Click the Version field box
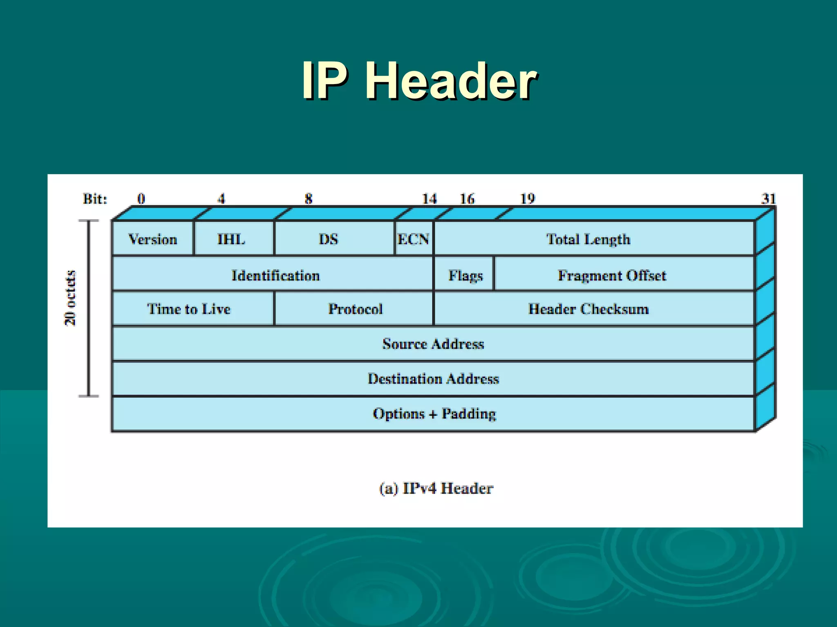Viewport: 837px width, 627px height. click(x=153, y=239)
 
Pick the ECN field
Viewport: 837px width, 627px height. click(x=414, y=239)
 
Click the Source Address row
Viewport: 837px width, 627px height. click(x=433, y=344)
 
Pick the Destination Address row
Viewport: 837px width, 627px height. click(x=433, y=379)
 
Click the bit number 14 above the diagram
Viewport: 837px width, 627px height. click(x=429, y=199)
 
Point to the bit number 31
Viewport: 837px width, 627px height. click(x=768, y=199)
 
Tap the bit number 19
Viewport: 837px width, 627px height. click(x=527, y=199)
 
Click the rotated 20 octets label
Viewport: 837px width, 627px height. click(x=70, y=298)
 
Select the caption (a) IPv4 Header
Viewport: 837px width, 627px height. click(x=436, y=488)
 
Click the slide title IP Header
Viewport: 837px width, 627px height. click(x=419, y=80)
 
